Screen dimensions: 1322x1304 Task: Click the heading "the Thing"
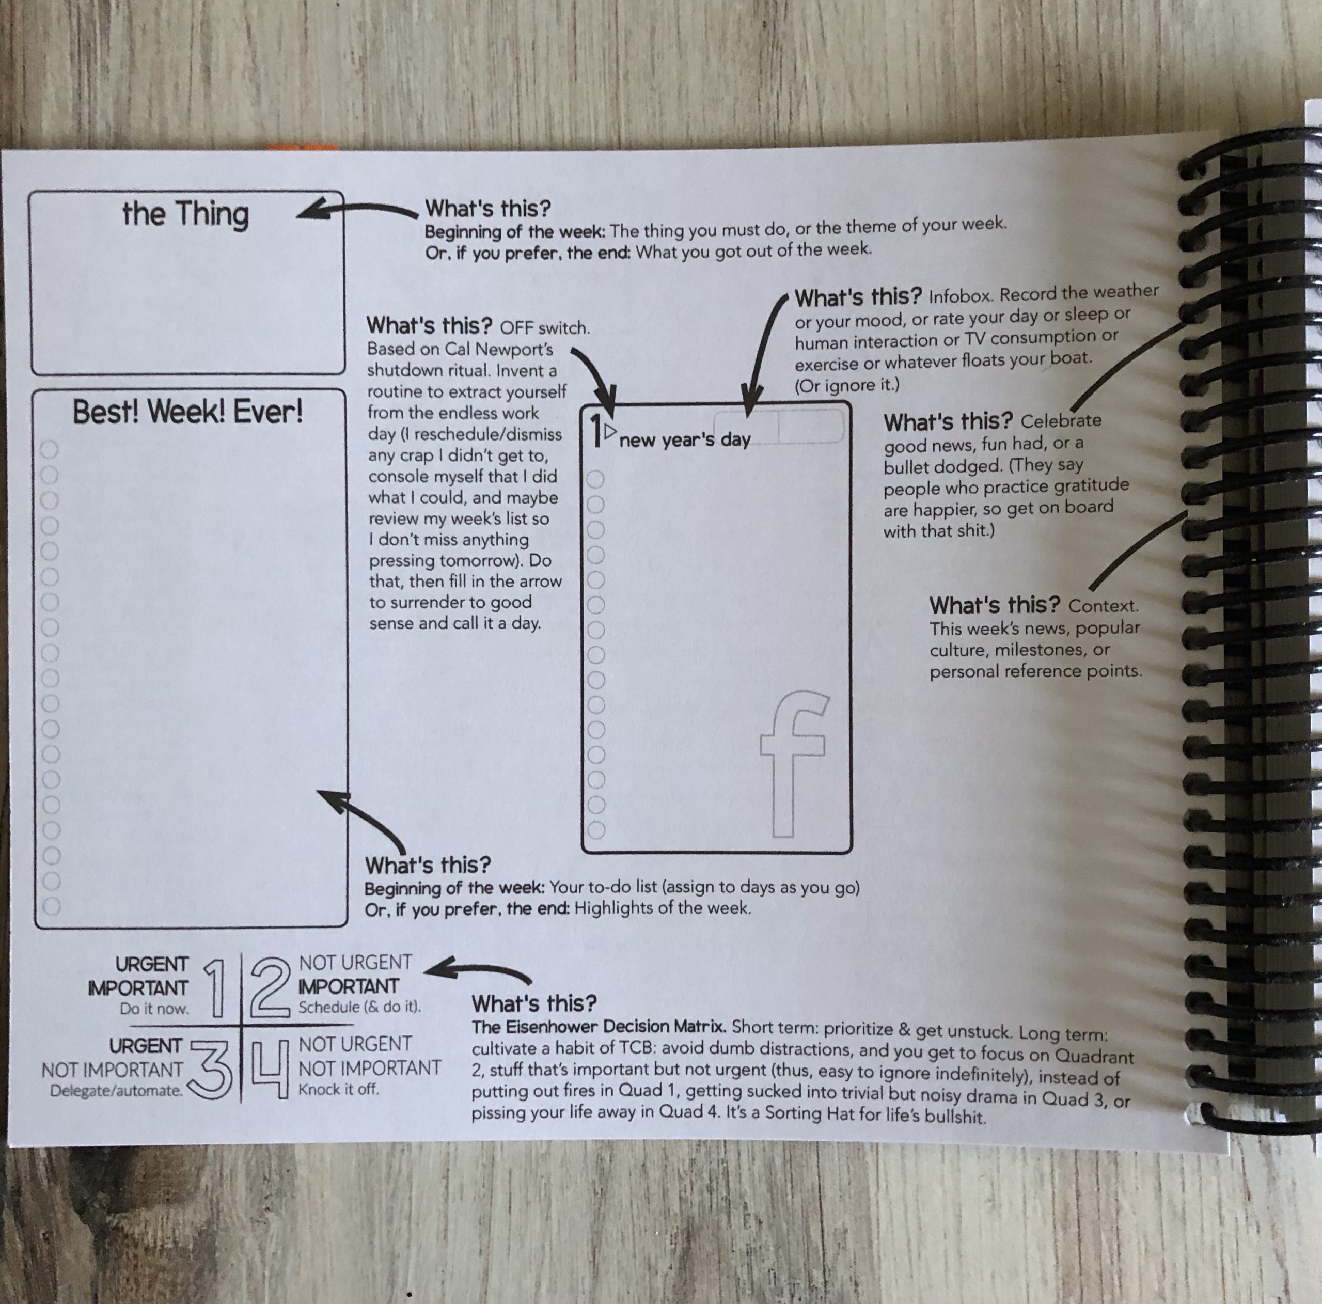[x=185, y=214]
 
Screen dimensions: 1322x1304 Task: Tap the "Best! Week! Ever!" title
[x=187, y=412]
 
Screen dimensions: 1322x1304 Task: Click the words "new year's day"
[x=685, y=439]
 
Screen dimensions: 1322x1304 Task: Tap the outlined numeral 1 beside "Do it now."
[x=215, y=987]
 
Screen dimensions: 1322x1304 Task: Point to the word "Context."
[x=1104, y=606]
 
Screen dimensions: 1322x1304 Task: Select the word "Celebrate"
[x=1061, y=420]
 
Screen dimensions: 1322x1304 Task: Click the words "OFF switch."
[x=545, y=328]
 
